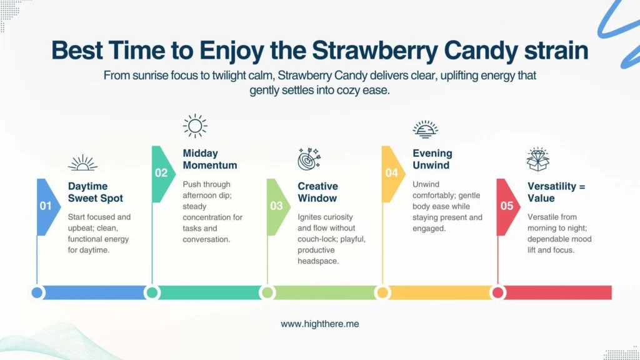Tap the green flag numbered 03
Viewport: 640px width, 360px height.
278,207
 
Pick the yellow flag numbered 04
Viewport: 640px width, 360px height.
393,174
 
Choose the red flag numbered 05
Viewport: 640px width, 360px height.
508,207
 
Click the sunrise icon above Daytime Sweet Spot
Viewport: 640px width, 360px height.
83,163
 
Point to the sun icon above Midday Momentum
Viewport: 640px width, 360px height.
195,126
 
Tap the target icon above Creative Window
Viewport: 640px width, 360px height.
309,159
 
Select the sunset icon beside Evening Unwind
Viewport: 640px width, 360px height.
425,129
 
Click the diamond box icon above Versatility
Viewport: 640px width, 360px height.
538,159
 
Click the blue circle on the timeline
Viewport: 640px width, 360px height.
37,292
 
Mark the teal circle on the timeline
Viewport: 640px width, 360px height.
152,292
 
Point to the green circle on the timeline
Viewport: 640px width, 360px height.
267,292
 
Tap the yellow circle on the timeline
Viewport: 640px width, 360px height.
382,292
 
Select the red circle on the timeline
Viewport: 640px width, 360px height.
498,292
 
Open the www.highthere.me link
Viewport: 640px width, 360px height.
320,324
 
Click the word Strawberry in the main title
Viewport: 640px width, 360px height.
375,51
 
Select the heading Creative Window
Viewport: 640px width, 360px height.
318,192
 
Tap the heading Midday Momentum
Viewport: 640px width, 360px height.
210,159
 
